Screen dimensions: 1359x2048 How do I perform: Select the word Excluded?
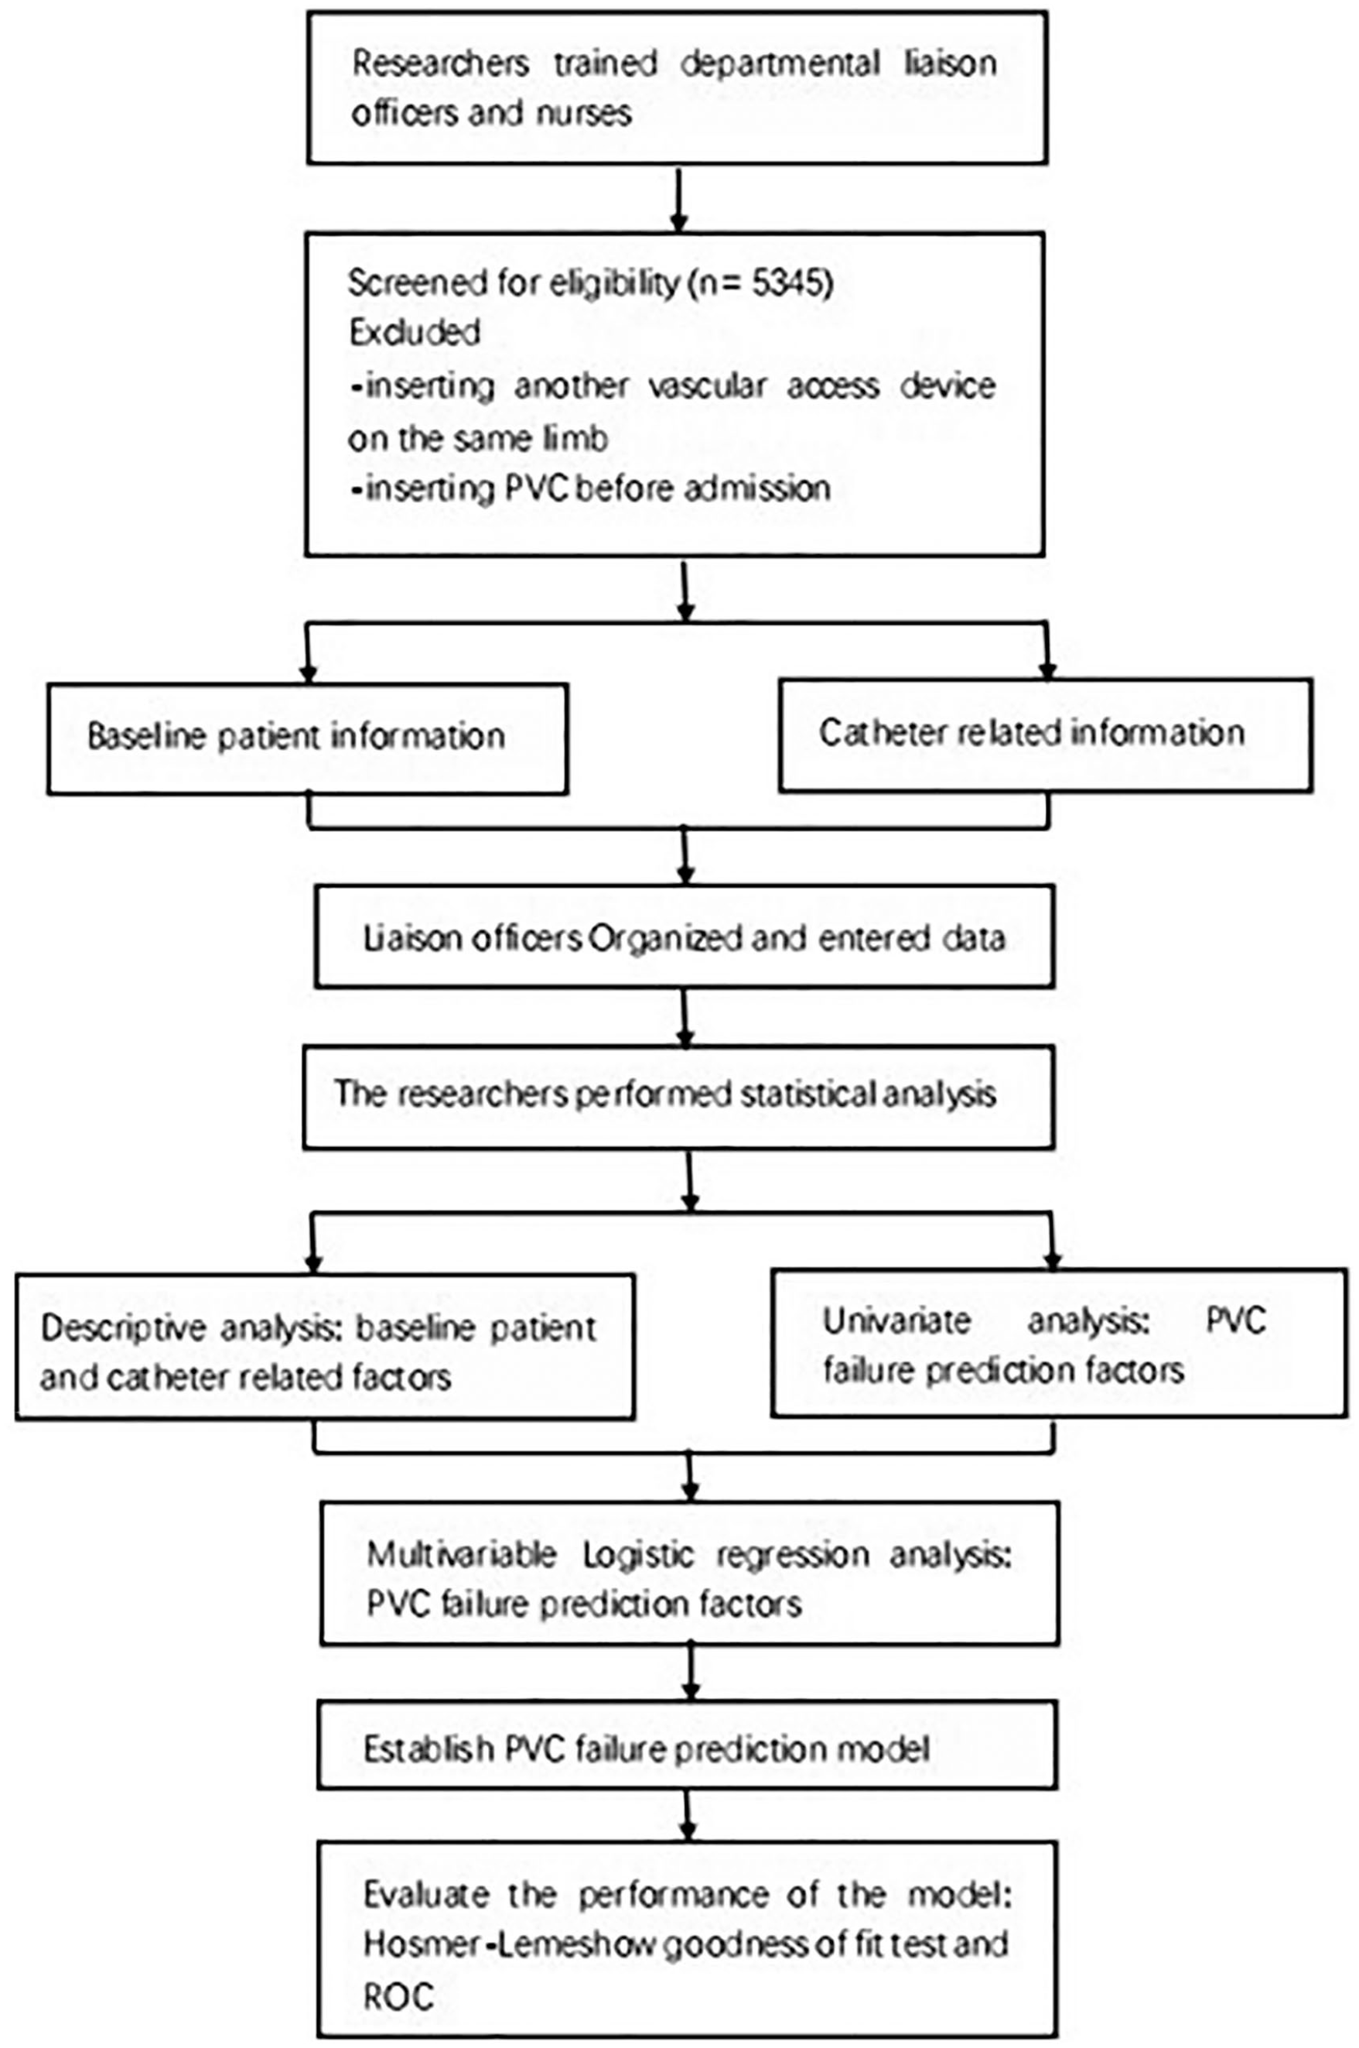pyautogui.click(x=415, y=333)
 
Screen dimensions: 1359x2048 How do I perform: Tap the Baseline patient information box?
pyautogui.click(x=308, y=738)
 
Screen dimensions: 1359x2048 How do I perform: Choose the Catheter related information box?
pyautogui.click(x=1045, y=735)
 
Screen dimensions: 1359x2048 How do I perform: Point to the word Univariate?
pyautogui.click(x=896, y=1320)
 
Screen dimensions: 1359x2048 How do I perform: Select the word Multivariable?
pyautogui.click(x=461, y=1555)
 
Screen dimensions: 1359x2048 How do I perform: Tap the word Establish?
pyautogui.click(x=429, y=1749)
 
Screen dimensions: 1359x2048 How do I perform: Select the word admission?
pyautogui.click(x=756, y=489)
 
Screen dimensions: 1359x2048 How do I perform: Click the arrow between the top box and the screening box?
pyautogui.click(x=678, y=200)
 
